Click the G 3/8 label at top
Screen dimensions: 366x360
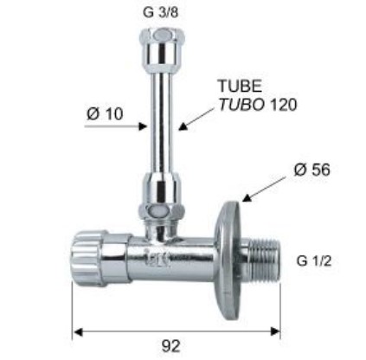(161, 12)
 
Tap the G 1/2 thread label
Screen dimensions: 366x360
(314, 261)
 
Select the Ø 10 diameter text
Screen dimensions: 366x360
(105, 113)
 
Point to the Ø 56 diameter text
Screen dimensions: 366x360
(312, 170)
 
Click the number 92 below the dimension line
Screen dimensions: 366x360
(170, 346)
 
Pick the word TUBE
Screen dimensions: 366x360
(241, 86)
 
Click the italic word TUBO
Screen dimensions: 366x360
(242, 105)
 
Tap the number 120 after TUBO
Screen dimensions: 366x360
(282, 105)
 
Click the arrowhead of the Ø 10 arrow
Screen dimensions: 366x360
(143, 126)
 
